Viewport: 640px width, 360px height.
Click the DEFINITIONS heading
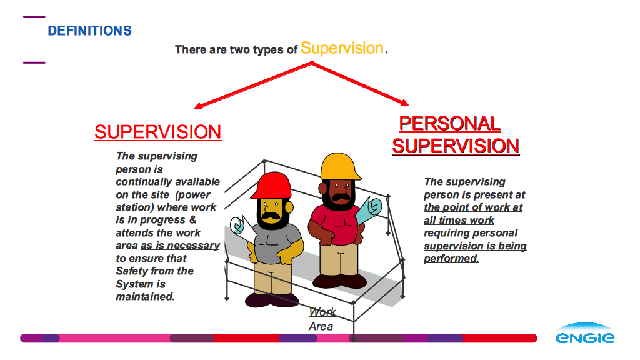pyautogui.click(x=90, y=31)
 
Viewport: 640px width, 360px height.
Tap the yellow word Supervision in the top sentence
pyautogui.click(x=342, y=48)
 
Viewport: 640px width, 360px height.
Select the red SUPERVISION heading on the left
pyautogui.click(x=158, y=132)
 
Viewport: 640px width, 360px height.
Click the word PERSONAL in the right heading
pyautogui.click(x=450, y=124)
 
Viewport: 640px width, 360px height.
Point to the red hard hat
pyautogui.click(x=271, y=186)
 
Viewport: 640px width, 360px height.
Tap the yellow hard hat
pyautogui.click(x=340, y=166)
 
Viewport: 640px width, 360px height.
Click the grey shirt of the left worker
pyautogui.click(x=276, y=244)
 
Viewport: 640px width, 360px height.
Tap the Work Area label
pyautogui.click(x=322, y=319)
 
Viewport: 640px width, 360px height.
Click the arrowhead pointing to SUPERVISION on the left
pyautogui.click(x=198, y=106)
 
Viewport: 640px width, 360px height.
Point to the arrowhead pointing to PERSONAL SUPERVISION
pyautogui.click(x=404, y=102)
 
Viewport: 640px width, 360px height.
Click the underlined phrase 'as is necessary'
pyautogui.click(x=180, y=245)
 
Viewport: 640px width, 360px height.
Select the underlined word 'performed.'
pyautogui.click(x=451, y=258)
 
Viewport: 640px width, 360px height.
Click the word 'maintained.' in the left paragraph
pyautogui.click(x=145, y=296)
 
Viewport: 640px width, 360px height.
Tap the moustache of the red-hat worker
pyautogui.click(x=271, y=216)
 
